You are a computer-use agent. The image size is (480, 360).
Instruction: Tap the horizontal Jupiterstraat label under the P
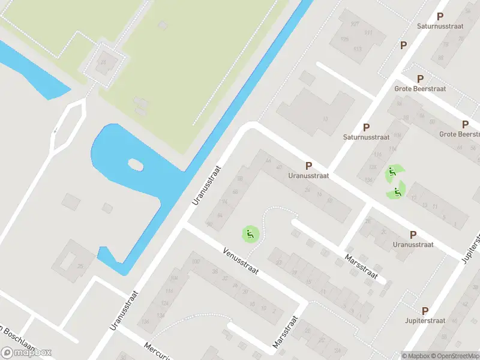click(x=425, y=321)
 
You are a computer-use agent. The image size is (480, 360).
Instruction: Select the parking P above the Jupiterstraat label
click(x=425, y=311)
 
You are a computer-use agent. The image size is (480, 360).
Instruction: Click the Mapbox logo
click(x=27, y=352)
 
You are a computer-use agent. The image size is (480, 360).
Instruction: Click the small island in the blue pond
click(x=136, y=164)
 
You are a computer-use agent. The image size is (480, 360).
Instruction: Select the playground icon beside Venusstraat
click(x=250, y=233)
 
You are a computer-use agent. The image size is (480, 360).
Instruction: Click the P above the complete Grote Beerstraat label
click(x=420, y=79)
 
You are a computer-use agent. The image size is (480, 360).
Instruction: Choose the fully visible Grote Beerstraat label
click(x=420, y=89)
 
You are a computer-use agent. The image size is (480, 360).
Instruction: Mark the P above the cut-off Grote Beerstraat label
click(x=465, y=124)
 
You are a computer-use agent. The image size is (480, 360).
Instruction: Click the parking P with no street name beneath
click(x=404, y=45)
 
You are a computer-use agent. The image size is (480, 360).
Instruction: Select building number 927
click(x=355, y=24)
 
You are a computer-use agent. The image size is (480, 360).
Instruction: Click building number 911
click(x=368, y=33)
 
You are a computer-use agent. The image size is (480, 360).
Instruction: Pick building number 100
click(x=196, y=262)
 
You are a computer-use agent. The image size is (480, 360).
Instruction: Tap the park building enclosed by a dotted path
click(x=104, y=61)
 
